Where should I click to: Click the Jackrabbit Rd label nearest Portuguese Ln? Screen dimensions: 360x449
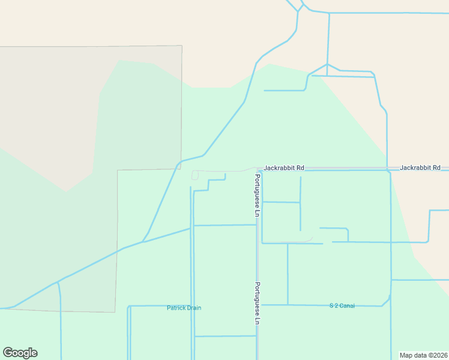(x=284, y=167)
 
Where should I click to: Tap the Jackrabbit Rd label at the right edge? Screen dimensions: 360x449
(x=420, y=167)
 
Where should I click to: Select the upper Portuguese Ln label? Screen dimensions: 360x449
(x=256, y=196)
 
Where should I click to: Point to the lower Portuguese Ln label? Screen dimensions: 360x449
(x=257, y=303)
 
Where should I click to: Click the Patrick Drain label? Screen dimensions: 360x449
(x=184, y=308)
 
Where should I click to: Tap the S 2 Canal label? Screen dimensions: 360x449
(x=342, y=306)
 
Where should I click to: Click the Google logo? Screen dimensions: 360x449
(x=20, y=353)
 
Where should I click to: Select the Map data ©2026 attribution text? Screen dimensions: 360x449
(x=424, y=355)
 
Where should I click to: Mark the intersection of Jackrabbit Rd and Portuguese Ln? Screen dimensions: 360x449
(x=258, y=169)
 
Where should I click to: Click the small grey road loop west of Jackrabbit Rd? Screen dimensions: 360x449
(x=194, y=175)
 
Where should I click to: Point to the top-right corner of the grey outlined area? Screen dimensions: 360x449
(x=181, y=46)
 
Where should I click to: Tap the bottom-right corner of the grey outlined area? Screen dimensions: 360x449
(x=115, y=312)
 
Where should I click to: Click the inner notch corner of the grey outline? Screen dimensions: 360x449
(x=118, y=170)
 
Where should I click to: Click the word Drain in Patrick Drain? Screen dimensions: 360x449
(x=193, y=308)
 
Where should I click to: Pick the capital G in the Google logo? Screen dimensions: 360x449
(x=8, y=352)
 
